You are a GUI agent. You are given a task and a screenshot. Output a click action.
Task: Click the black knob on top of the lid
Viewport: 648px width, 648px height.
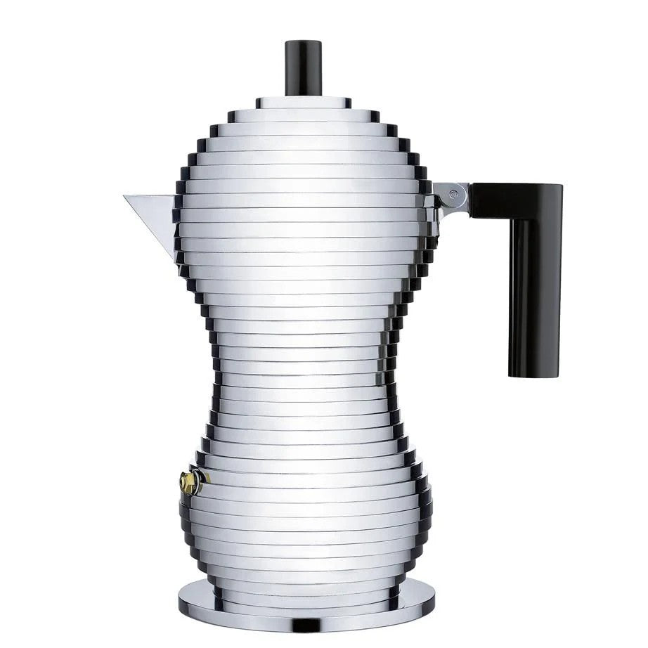[x=303, y=69]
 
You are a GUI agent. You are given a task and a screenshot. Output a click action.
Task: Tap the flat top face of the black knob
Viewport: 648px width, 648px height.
[x=303, y=44]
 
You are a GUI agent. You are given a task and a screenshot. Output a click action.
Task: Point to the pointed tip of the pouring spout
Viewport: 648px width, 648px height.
[x=126, y=197]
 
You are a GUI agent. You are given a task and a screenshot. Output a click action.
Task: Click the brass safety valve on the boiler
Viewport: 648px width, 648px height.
[x=188, y=481]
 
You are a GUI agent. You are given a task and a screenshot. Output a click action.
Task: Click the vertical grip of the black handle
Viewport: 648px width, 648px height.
[x=535, y=295]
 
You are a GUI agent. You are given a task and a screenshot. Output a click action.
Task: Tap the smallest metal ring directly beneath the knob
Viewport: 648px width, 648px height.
[x=303, y=103]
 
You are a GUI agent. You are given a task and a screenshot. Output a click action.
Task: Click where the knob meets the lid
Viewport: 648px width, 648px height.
[x=303, y=95]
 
